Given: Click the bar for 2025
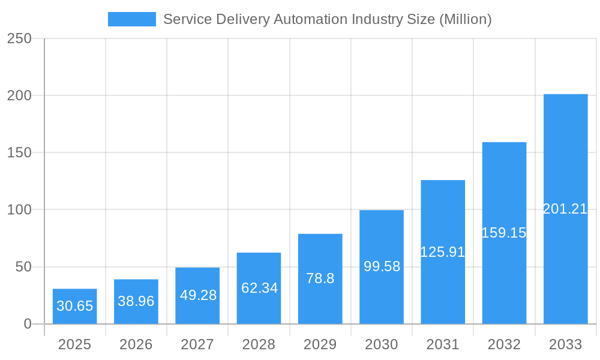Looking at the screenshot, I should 75,306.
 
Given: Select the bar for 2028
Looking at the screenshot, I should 259,288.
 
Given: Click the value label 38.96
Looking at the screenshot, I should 136,301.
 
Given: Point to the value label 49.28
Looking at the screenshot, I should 198,295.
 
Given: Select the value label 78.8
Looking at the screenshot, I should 320,278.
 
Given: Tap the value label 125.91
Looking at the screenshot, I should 443,252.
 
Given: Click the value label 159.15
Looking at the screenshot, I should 504,233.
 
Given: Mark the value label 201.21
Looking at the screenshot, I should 565,209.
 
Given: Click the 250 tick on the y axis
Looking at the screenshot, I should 19,38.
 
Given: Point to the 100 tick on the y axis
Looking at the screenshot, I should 19,210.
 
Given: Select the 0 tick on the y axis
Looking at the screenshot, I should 28,324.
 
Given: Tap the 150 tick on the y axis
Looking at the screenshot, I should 19,152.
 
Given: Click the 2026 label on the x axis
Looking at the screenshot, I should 136,344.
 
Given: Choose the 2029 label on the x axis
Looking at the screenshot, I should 320,344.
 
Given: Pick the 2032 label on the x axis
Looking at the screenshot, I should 504,344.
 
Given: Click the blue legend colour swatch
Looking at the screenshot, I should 132,19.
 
